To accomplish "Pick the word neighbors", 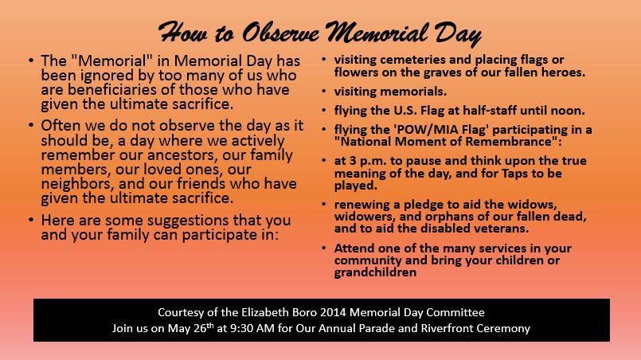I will click(76, 185).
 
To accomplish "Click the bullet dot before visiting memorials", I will click(322, 92).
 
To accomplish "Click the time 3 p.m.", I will click(362, 160).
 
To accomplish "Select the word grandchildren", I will click(375, 272).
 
